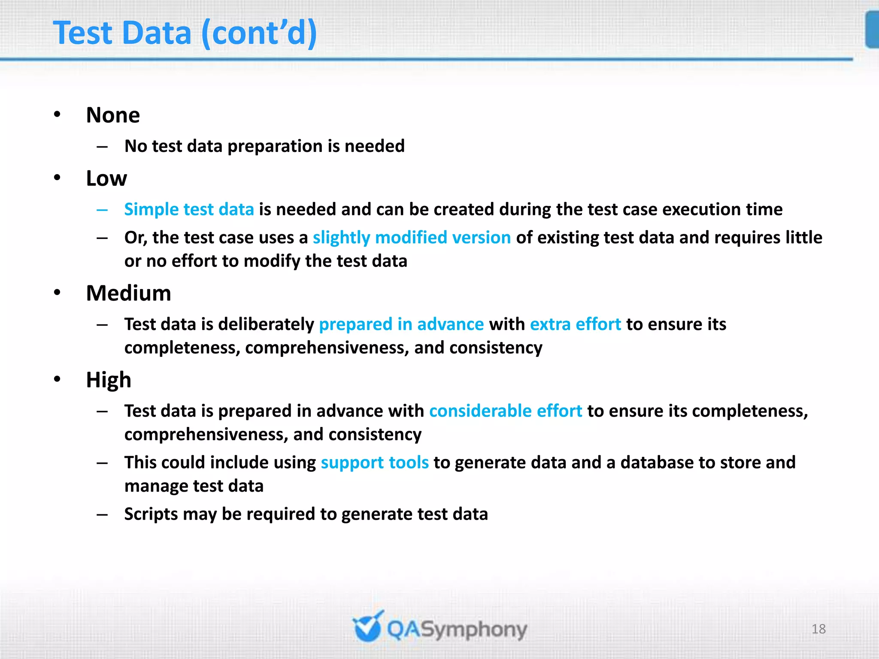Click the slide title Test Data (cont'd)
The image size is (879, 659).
click(185, 33)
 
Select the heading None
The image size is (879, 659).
click(113, 115)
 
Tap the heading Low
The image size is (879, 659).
click(106, 178)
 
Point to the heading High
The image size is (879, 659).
click(109, 380)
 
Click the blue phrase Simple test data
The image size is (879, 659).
click(189, 209)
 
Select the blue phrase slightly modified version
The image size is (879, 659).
click(412, 238)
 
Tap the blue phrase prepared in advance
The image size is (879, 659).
click(401, 324)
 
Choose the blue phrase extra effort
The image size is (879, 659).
click(575, 324)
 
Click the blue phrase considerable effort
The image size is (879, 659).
click(506, 411)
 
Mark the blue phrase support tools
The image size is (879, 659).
click(375, 463)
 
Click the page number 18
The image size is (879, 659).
click(818, 629)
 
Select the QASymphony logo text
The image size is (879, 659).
click(457, 630)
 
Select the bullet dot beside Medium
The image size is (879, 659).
click(58, 293)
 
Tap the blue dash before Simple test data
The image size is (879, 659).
click(102, 210)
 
